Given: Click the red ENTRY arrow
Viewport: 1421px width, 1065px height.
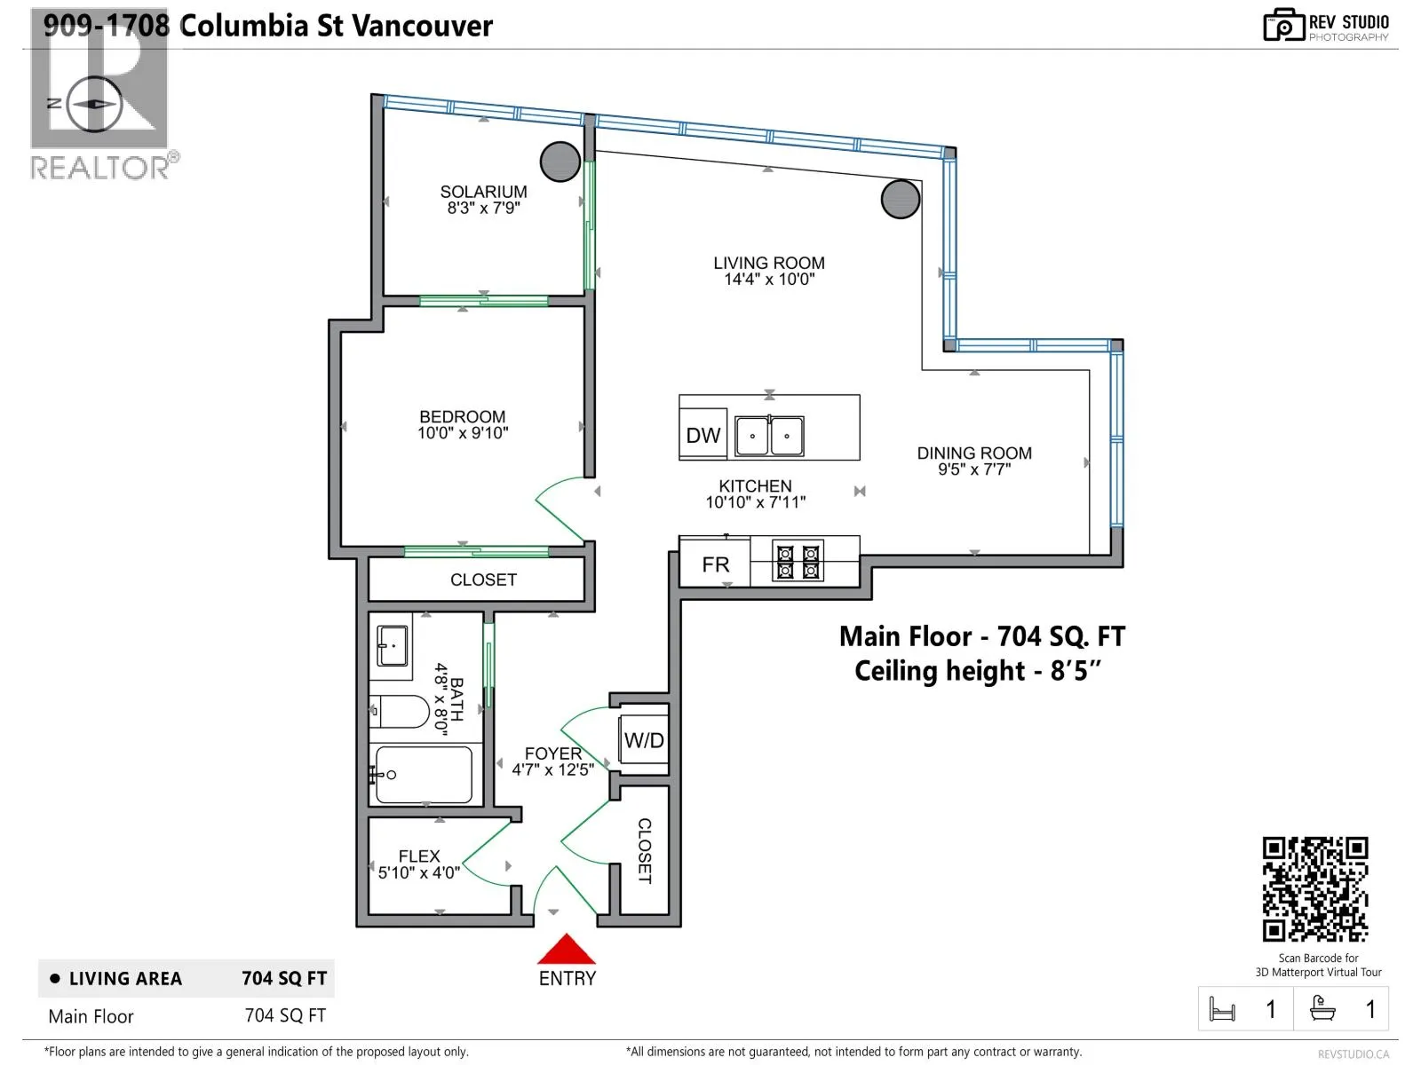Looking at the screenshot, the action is tap(566, 949).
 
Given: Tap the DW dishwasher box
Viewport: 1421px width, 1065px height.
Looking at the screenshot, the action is tap(703, 435).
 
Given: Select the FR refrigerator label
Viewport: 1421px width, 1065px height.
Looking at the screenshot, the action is tap(715, 564).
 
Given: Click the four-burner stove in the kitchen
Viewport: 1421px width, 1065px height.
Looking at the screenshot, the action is tap(798, 561).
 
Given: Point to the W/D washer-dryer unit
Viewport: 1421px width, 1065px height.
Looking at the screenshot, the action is tap(644, 740).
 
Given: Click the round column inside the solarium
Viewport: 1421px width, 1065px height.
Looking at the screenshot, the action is tap(560, 162).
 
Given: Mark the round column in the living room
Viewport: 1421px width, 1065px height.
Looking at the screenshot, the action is tap(901, 199).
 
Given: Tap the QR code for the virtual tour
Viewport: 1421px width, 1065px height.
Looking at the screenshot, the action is tap(1314, 888).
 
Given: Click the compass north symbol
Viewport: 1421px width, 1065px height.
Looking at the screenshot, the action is tap(94, 104).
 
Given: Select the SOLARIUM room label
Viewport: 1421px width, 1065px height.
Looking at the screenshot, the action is tap(484, 192).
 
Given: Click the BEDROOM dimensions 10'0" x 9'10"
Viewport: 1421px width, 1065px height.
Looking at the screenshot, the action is tap(463, 433).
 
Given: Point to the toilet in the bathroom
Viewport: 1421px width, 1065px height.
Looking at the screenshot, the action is tap(400, 711).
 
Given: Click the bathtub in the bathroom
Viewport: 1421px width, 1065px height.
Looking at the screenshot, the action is tap(424, 775).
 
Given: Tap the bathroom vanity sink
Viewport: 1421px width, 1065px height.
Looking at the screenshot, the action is tap(393, 645).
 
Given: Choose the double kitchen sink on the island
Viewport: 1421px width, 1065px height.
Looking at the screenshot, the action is tap(769, 435).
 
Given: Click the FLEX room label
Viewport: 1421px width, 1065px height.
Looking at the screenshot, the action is tap(419, 856).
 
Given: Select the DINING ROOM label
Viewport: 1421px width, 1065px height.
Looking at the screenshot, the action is tap(974, 454).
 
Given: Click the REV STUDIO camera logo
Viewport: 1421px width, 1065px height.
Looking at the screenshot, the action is tap(1283, 25).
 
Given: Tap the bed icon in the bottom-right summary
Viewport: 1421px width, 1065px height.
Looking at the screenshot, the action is tap(1221, 1009).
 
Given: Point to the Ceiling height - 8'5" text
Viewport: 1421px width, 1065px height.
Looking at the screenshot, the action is tap(978, 671).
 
